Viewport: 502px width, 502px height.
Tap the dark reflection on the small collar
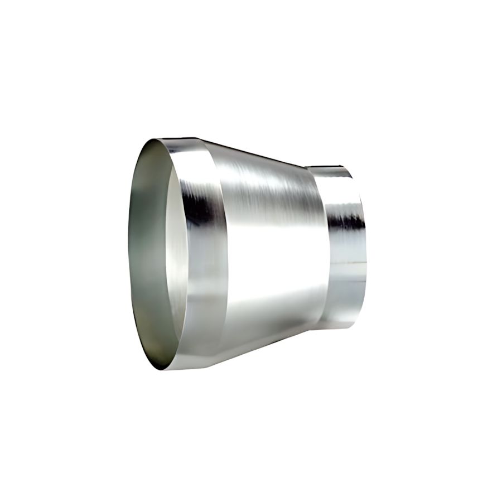pos(346,221)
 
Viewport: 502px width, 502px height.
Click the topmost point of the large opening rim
pos(162,139)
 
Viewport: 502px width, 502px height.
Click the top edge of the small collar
pos(329,166)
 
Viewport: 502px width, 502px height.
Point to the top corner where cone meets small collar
pos(306,166)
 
